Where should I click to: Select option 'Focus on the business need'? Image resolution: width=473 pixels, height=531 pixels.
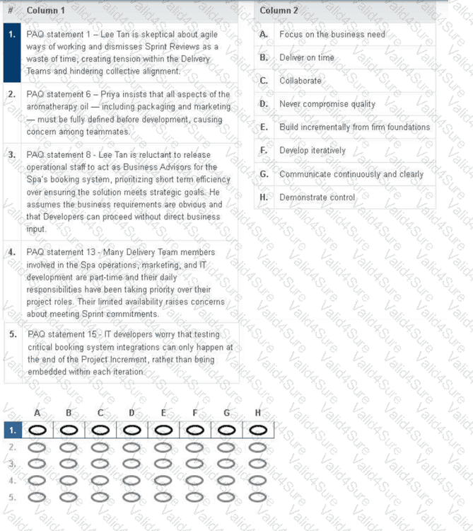332,34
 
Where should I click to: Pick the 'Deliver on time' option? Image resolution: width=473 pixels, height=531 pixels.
307,57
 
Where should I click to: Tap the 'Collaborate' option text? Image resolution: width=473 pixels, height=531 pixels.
300,81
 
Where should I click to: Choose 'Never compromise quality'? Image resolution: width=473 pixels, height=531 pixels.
327,104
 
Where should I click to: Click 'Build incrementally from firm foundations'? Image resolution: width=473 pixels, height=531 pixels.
354,127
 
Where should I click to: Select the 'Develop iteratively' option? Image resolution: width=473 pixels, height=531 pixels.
313,151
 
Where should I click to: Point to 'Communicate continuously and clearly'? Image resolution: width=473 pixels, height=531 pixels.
351,174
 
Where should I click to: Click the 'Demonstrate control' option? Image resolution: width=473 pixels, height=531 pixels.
317,198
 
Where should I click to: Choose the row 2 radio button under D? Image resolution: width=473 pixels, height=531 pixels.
132,447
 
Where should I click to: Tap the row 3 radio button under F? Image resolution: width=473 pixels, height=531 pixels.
195,464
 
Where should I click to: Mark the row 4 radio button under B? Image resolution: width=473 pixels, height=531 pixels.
69,480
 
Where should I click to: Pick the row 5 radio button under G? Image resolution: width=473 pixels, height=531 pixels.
226,497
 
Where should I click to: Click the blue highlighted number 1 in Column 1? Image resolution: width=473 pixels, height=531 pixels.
12,34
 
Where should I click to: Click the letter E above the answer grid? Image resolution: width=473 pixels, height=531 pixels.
163,412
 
